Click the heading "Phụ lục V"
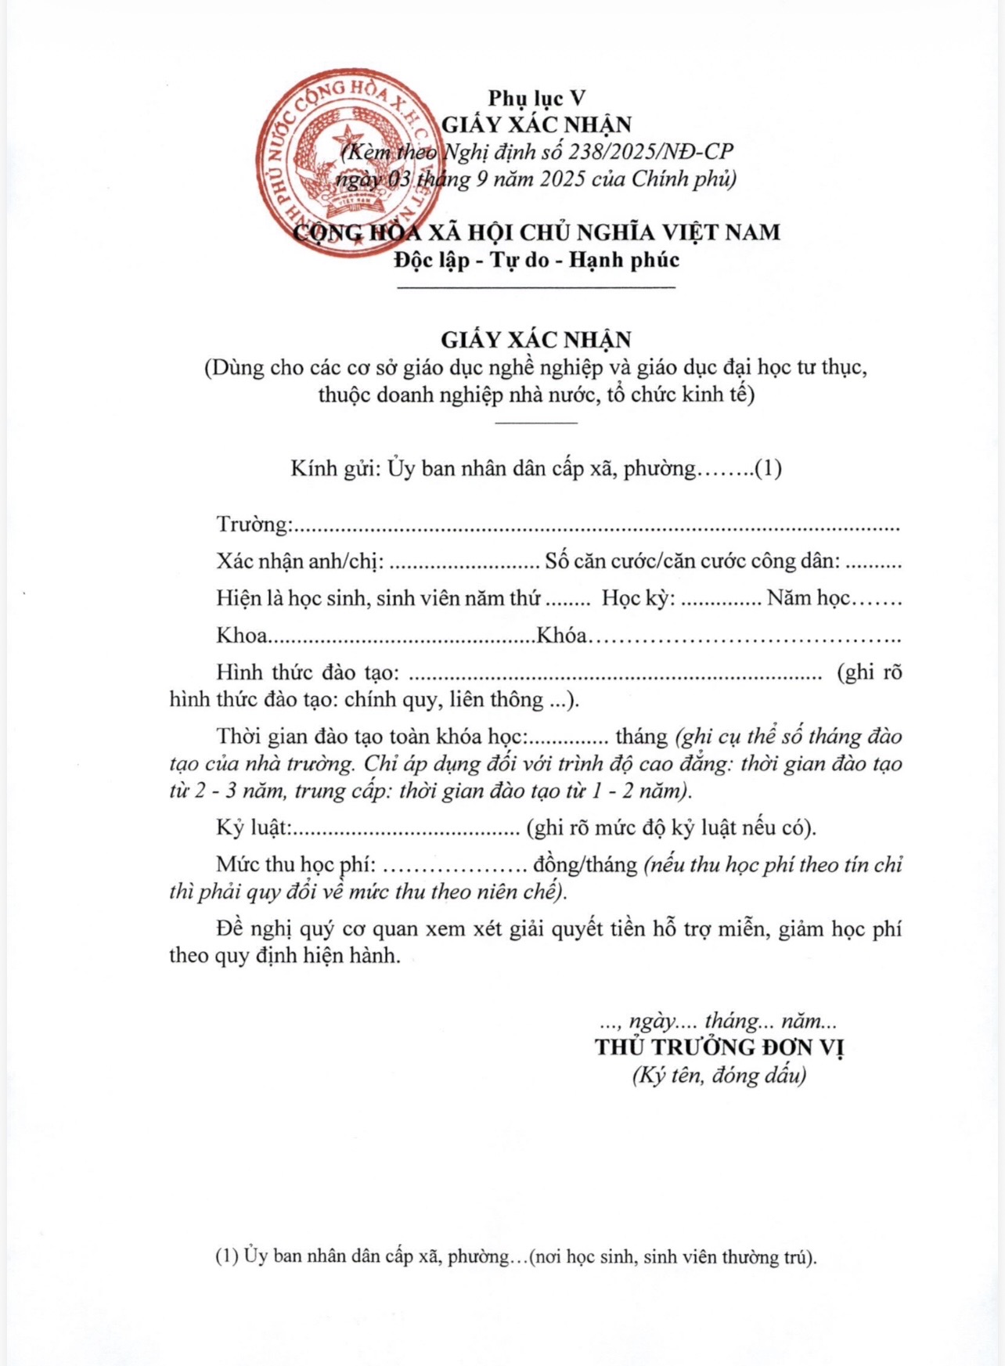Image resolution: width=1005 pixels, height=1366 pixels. coord(537,98)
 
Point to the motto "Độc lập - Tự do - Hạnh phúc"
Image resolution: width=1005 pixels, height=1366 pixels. coord(537,259)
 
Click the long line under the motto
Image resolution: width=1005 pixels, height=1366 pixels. coord(537,288)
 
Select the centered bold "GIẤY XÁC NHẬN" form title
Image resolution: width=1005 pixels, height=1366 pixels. coord(537,339)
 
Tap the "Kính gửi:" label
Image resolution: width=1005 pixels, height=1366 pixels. coord(335,468)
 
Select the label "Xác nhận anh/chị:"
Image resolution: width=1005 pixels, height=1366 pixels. coord(300,560)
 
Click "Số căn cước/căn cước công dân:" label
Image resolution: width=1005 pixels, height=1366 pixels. coord(693,560)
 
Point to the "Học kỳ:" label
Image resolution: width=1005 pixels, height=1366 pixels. coord(638,598)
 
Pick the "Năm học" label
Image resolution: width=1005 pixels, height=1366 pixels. coord(808,598)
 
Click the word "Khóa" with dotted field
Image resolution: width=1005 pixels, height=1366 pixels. coord(561,635)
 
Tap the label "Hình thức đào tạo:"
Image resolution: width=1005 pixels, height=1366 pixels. coord(308,672)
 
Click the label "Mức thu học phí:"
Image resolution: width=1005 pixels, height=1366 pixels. coord(297,864)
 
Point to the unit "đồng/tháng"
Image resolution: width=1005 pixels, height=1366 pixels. coord(585,864)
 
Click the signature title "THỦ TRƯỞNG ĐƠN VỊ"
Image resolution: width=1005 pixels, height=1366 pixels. coord(719,1047)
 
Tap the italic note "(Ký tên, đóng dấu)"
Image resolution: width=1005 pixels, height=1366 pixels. coord(719,1076)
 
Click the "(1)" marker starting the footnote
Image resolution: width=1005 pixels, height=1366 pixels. coord(227,1257)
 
